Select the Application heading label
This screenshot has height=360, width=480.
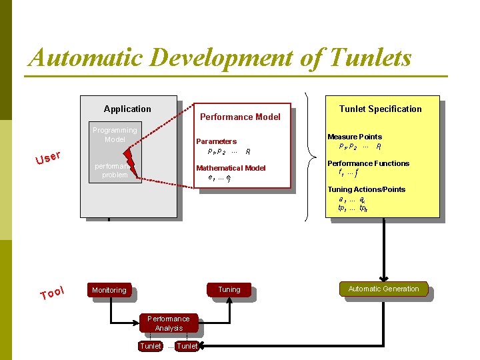127,109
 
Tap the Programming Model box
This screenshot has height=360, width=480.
115,135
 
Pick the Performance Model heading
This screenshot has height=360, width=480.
241,117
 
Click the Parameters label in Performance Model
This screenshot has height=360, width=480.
216,141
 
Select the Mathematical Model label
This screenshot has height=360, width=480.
231,168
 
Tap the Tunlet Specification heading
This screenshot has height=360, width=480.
380,109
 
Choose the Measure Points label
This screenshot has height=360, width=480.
355,137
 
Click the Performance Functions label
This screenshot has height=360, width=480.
368,163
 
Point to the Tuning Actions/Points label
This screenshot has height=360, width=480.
366,189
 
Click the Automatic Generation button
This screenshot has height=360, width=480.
383,289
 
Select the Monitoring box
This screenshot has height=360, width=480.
109,290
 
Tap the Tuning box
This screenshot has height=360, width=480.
229,289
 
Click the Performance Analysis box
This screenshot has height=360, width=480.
169,323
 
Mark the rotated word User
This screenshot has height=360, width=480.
48,158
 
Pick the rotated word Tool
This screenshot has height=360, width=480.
51,293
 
